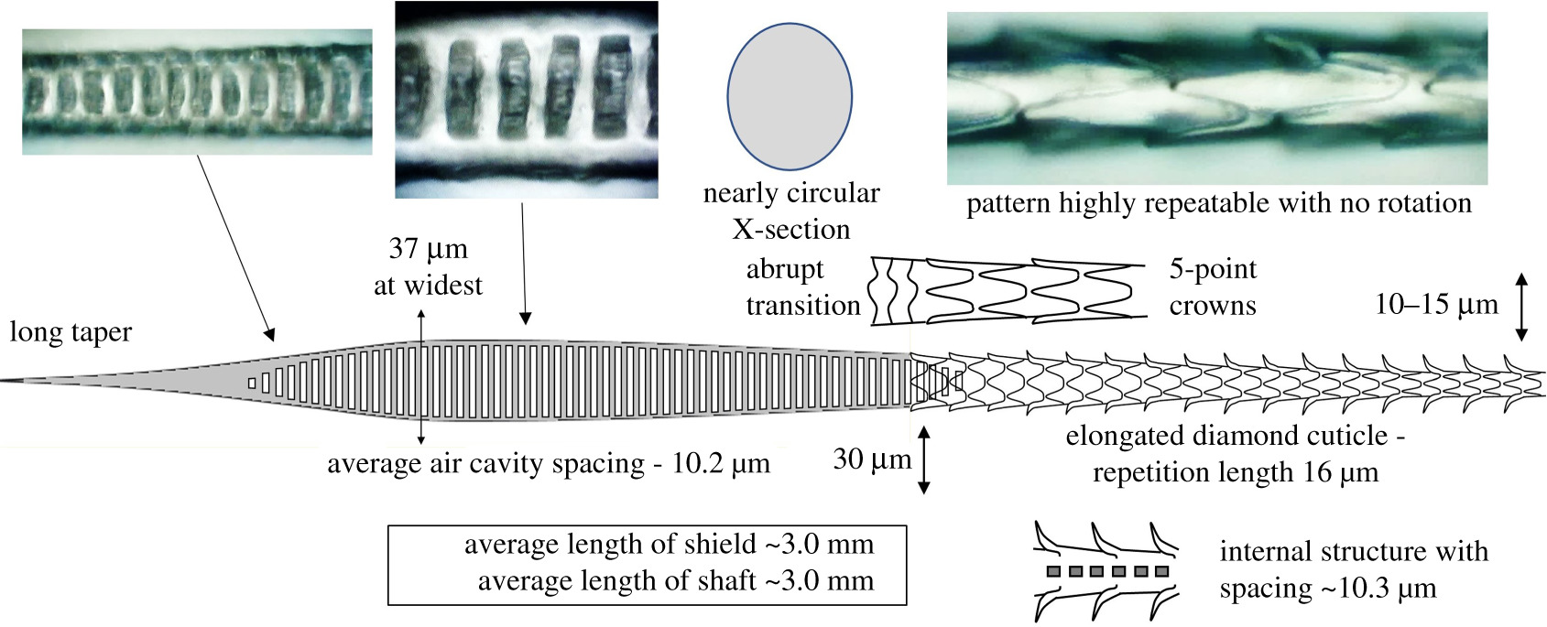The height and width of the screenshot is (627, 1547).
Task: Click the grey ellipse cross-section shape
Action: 789,96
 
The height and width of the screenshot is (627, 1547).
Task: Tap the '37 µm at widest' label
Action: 428,267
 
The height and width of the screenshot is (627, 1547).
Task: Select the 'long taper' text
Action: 71,331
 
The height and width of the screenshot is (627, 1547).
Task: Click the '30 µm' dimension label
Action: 871,459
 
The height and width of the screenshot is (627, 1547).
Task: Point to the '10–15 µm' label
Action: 1435,304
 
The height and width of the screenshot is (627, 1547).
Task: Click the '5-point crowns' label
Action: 1213,286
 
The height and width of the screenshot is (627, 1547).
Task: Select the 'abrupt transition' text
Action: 802,286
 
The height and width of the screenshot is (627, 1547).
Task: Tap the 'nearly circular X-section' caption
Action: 791,211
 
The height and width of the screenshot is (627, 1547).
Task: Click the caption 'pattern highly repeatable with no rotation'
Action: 1218,203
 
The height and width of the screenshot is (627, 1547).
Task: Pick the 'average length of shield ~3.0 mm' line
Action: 669,545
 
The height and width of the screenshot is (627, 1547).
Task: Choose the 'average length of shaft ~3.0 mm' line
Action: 675,580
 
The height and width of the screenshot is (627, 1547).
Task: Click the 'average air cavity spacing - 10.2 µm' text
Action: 548,464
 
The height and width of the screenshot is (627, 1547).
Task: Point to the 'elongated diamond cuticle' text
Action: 1235,436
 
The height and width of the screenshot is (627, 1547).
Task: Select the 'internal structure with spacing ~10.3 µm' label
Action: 1353,569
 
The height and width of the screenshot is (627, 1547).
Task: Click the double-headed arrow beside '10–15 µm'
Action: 1521,307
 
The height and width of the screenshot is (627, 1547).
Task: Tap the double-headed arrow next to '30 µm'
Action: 923,460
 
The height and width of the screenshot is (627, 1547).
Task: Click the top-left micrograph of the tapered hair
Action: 197,92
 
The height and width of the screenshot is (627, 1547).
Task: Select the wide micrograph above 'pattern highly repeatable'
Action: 1216,99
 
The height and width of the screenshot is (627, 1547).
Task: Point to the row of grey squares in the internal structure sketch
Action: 1107,572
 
